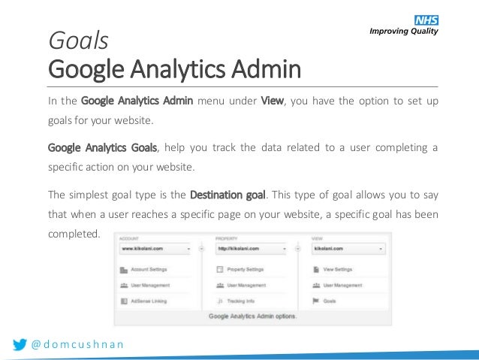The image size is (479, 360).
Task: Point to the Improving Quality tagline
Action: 402,31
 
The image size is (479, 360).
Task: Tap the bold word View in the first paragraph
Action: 271,101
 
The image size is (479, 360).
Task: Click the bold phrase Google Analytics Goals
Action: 102,147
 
